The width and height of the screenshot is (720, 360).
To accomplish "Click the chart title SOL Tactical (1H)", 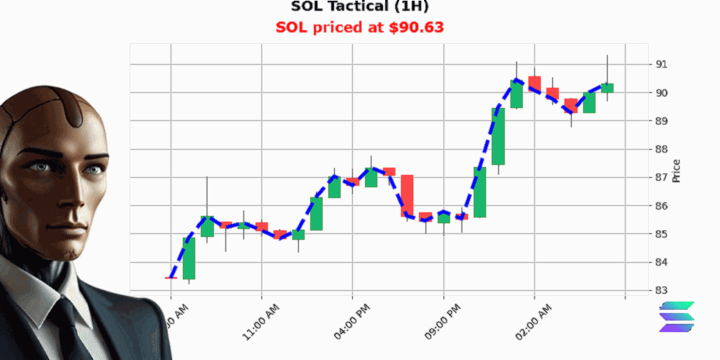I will pyautogui.click(x=360, y=7).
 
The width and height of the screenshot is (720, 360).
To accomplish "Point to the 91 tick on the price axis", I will pyautogui.click(x=661, y=64).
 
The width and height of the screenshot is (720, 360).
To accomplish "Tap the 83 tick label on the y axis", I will pyautogui.click(x=661, y=290).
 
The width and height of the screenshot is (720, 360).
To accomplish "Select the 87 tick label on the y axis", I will pyautogui.click(x=661, y=177).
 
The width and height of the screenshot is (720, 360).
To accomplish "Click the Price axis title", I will pyautogui.click(x=676, y=171).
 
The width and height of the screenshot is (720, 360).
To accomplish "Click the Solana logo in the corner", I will pyautogui.click(x=678, y=317).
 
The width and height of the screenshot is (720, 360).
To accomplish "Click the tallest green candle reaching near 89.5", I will pyautogui.click(x=498, y=137).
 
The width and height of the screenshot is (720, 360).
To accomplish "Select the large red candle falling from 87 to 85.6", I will pyautogui.click(x=408, y=195).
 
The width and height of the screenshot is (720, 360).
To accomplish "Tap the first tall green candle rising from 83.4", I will pyautogui.click(x=189, y=258).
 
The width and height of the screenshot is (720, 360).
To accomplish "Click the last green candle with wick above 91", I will pyautogui.click(x=607, y=88).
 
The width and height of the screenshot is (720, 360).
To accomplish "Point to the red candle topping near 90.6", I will pyautogui.click(x=534, y=83).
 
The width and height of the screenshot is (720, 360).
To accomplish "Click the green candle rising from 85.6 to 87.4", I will pyautogui.click(x=480, y=192).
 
